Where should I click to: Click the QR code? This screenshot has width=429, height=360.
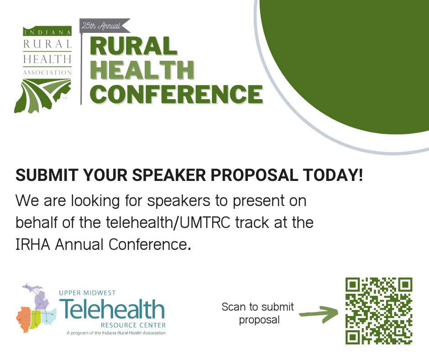[x=379, y=311]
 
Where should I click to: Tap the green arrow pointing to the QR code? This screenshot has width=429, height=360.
[x=319, y=314]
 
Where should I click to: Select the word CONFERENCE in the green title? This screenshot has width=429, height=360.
[x=176, y=94]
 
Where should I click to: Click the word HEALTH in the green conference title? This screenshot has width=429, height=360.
[x=142, y=70]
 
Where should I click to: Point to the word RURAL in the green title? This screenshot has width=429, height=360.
[x=134, y=46]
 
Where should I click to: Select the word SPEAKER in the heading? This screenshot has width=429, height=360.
[x=169, y=175]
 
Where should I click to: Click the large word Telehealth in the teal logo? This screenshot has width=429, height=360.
[x=112, y=309]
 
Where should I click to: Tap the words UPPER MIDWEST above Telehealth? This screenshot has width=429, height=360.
[x=87, y=293]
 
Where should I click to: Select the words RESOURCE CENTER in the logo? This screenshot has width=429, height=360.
[x=133, y=325]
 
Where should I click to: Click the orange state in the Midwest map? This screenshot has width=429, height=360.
[x=24, y=319]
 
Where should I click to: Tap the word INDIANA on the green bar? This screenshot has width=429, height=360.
[x=47, y=32]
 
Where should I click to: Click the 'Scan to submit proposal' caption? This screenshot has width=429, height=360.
[x=258, y=313]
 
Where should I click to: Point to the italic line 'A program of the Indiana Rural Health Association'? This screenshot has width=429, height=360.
[x=116, y=333]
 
